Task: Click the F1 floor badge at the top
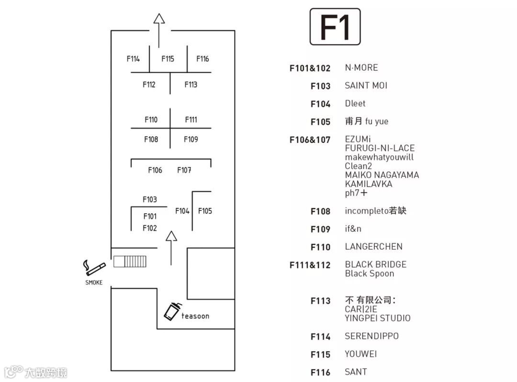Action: [x=335, y=27]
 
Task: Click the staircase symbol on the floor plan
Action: [x=130, y=261]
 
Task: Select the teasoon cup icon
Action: [x=172, y=311]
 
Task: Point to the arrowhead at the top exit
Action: [x=159, y=19]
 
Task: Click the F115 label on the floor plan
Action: [x=168, y=59]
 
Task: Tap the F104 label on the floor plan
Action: [x=182, y=211]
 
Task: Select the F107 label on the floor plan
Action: [x=184, y=170]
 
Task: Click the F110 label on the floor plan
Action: [x=151, y=120]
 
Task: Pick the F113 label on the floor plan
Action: [x=191, y=85]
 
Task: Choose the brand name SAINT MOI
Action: [x=366, y=86]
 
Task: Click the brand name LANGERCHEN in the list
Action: [x=374, y=247]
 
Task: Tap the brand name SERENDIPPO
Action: [x=372, y=336]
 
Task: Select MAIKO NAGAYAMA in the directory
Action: [x=382, y=175]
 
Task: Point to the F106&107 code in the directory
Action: [x=310, y=140]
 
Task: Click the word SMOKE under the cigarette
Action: [x=94, y=282]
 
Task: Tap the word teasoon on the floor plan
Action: [x=195, y=316]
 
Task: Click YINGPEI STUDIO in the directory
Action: [x=378, y=318]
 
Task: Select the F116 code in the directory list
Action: [x=320, y=372]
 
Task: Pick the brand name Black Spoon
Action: [x=370, y=274]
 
